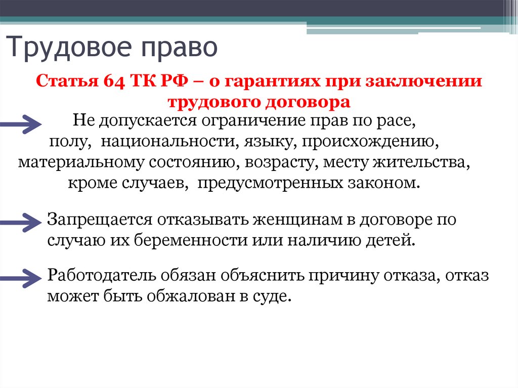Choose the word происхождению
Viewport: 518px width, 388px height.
pos(370,142)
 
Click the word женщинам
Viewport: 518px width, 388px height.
pos(303,221)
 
